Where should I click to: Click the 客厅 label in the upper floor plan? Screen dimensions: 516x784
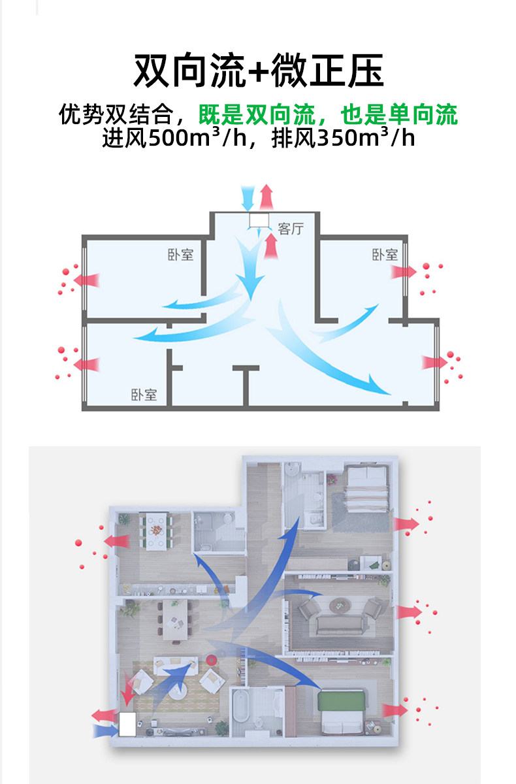pyautogui.click(x=291, y=229)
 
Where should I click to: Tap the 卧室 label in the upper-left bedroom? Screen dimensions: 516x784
pyautogui.click(x=180, y=254)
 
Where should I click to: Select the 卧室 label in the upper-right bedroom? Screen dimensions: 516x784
pyautogui.click(x=385, y=254)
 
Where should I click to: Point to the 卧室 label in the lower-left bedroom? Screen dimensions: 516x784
pyautogui.click(x=144, y=395)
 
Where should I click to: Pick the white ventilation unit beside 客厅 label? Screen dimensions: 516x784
pyautogui.click(x=259, y=220)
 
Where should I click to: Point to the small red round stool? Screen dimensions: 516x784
pyautogui.click(x=211, y=659)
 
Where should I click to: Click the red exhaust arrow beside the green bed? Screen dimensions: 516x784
pyautogui.click(x=395, y=711)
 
